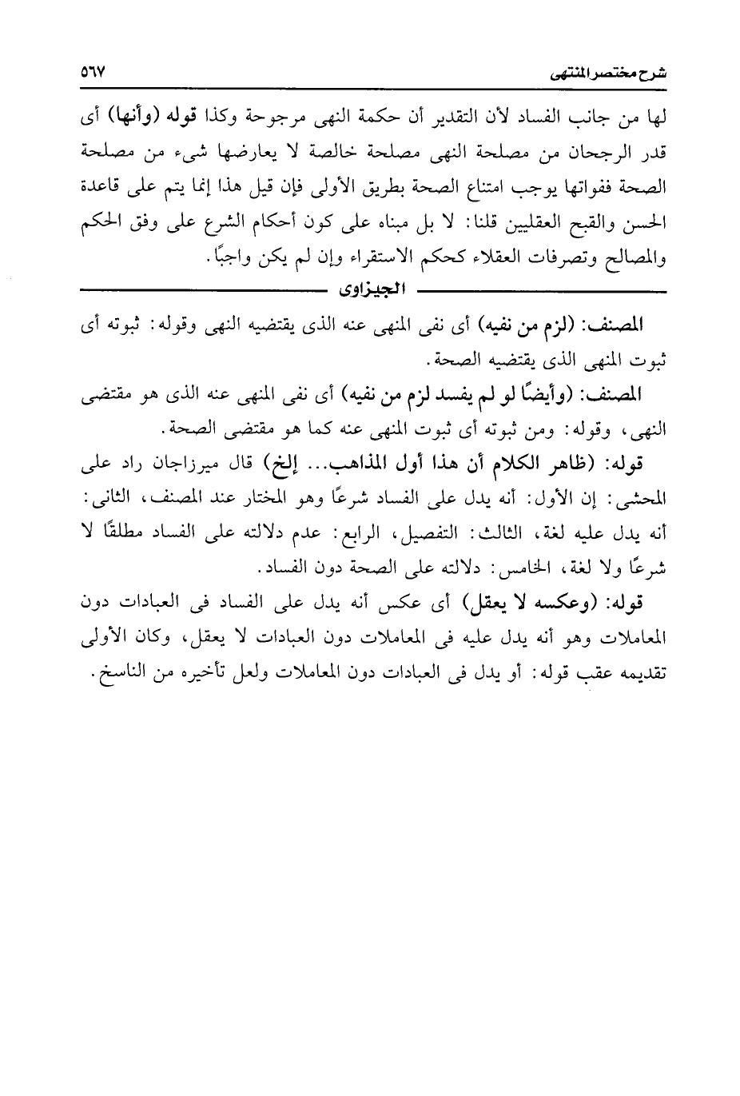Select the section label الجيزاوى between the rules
371,285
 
